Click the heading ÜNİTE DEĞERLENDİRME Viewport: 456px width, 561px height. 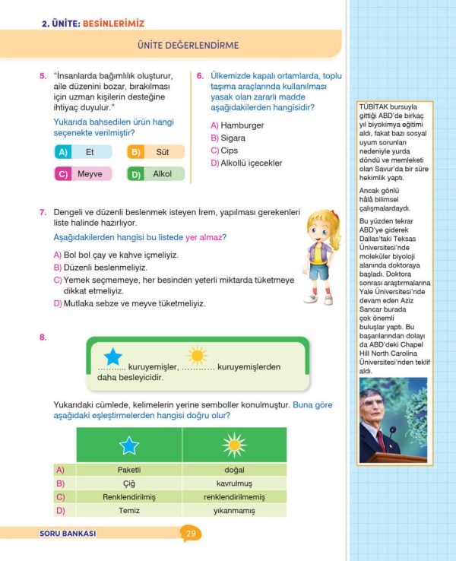[188, 46]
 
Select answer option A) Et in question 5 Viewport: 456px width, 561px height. [83, 152]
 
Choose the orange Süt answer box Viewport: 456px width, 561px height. [156, 152]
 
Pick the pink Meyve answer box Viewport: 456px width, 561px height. [83, 174]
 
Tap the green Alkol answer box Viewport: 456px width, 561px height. [156, 174]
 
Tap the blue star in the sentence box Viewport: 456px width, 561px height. [112, 356]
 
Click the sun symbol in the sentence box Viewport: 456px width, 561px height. [197, 355]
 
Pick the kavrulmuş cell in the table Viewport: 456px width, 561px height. [233, 483]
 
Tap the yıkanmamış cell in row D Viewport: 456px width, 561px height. [233, 510]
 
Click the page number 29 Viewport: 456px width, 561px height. [191, 534]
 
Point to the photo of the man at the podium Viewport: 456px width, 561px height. [391, 421]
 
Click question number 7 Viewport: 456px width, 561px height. [43, 211]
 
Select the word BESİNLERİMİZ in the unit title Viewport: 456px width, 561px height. [113, 24]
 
